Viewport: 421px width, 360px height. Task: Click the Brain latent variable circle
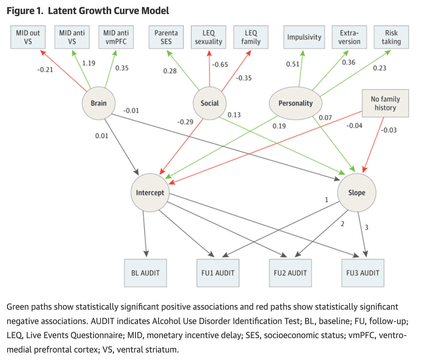99,103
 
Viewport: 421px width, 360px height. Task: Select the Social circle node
210,103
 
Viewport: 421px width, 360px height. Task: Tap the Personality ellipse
296,103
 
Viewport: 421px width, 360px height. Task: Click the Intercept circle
150,193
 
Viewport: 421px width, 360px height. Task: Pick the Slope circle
357,193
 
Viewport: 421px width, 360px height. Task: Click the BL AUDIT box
146,273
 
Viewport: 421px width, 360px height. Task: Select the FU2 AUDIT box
290,273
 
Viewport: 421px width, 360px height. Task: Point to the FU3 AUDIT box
363,273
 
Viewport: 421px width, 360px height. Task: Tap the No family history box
385,103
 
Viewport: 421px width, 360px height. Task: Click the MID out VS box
28,37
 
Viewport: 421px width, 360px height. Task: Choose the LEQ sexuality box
208,37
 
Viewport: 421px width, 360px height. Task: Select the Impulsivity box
304,37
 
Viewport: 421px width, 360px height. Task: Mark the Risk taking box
391,37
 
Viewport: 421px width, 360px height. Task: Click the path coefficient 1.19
89,63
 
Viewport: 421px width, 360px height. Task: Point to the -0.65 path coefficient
220,65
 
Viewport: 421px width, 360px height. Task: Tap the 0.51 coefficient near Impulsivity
293,64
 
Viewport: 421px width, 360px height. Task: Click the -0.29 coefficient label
185,122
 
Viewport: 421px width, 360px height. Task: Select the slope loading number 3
367,228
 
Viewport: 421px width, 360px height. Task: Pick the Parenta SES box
166,37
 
